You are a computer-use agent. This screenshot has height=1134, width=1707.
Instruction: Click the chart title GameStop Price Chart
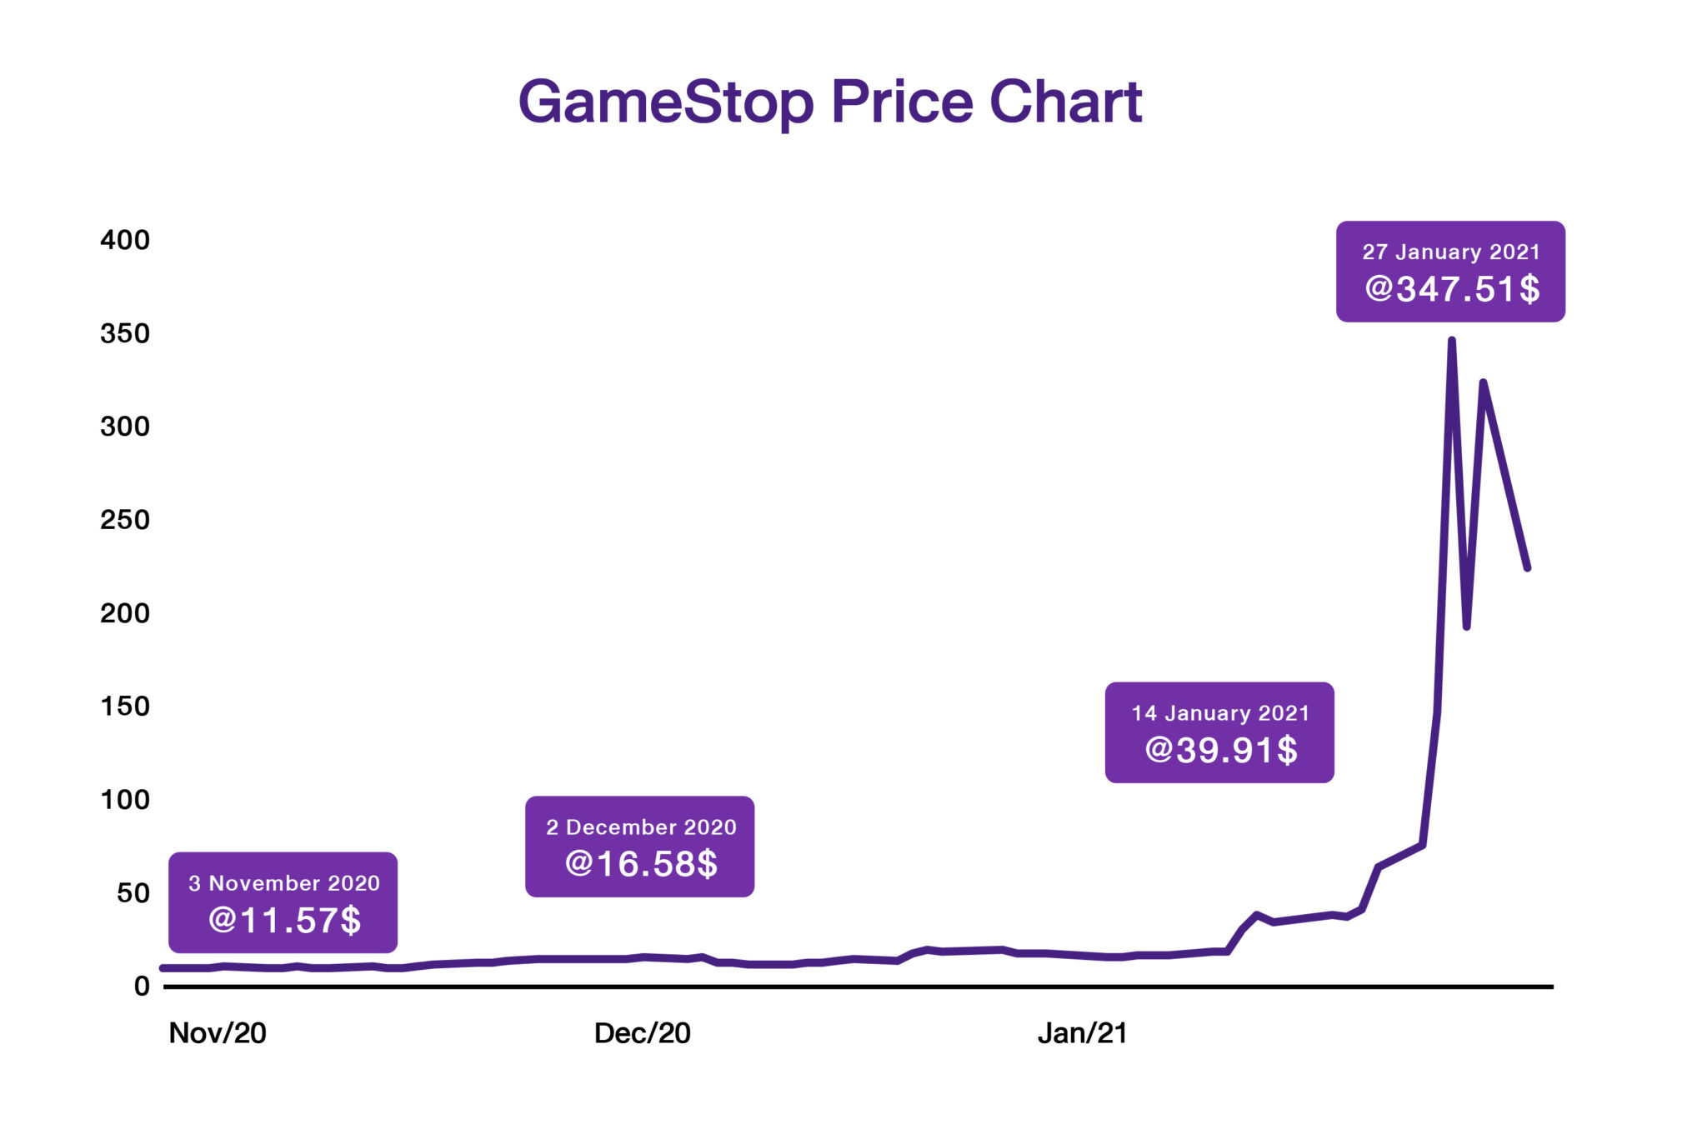(x=829, y=102)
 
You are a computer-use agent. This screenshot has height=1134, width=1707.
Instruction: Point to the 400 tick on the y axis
(x=125, y=240)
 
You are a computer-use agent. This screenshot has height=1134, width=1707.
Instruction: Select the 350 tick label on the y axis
(x=125, y=333)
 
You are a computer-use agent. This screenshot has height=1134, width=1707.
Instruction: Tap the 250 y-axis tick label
(x=125, y=520)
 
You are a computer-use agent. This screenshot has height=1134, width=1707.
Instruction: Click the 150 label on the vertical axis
(x=125, y=707)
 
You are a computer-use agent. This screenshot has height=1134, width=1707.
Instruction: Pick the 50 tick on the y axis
(x=133, y=893)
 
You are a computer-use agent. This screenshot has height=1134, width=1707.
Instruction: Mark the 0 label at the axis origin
(x=142, y=987)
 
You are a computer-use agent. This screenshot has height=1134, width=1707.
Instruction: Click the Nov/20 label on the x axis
(x=218, y=1033)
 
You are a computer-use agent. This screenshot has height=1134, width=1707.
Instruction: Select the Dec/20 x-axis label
(x=642, y=1033)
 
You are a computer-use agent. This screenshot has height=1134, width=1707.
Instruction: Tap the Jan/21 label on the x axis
(x=1082, y=1033)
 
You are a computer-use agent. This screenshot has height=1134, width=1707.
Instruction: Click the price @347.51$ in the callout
(x=1452, y=289)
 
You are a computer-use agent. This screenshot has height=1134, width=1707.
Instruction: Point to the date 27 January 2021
(x=1450, y=252)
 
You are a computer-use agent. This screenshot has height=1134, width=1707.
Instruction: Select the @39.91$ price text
(x=1220, y=750)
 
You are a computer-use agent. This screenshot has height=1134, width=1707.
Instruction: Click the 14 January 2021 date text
(x=1220, y=713)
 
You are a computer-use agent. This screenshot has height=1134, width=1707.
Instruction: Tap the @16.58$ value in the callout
(x=640, y=864)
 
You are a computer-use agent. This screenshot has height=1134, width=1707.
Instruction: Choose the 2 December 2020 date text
(x=640, y=827)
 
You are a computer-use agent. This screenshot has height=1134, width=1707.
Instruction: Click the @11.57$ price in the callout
(x=283, y=920)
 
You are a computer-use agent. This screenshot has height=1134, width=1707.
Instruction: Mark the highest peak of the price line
(x=1452, y=340)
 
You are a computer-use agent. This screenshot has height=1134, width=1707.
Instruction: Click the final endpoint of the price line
(x=1527, y=568)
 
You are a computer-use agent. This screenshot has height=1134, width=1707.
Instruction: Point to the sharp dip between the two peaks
(x=1466, y=627)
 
